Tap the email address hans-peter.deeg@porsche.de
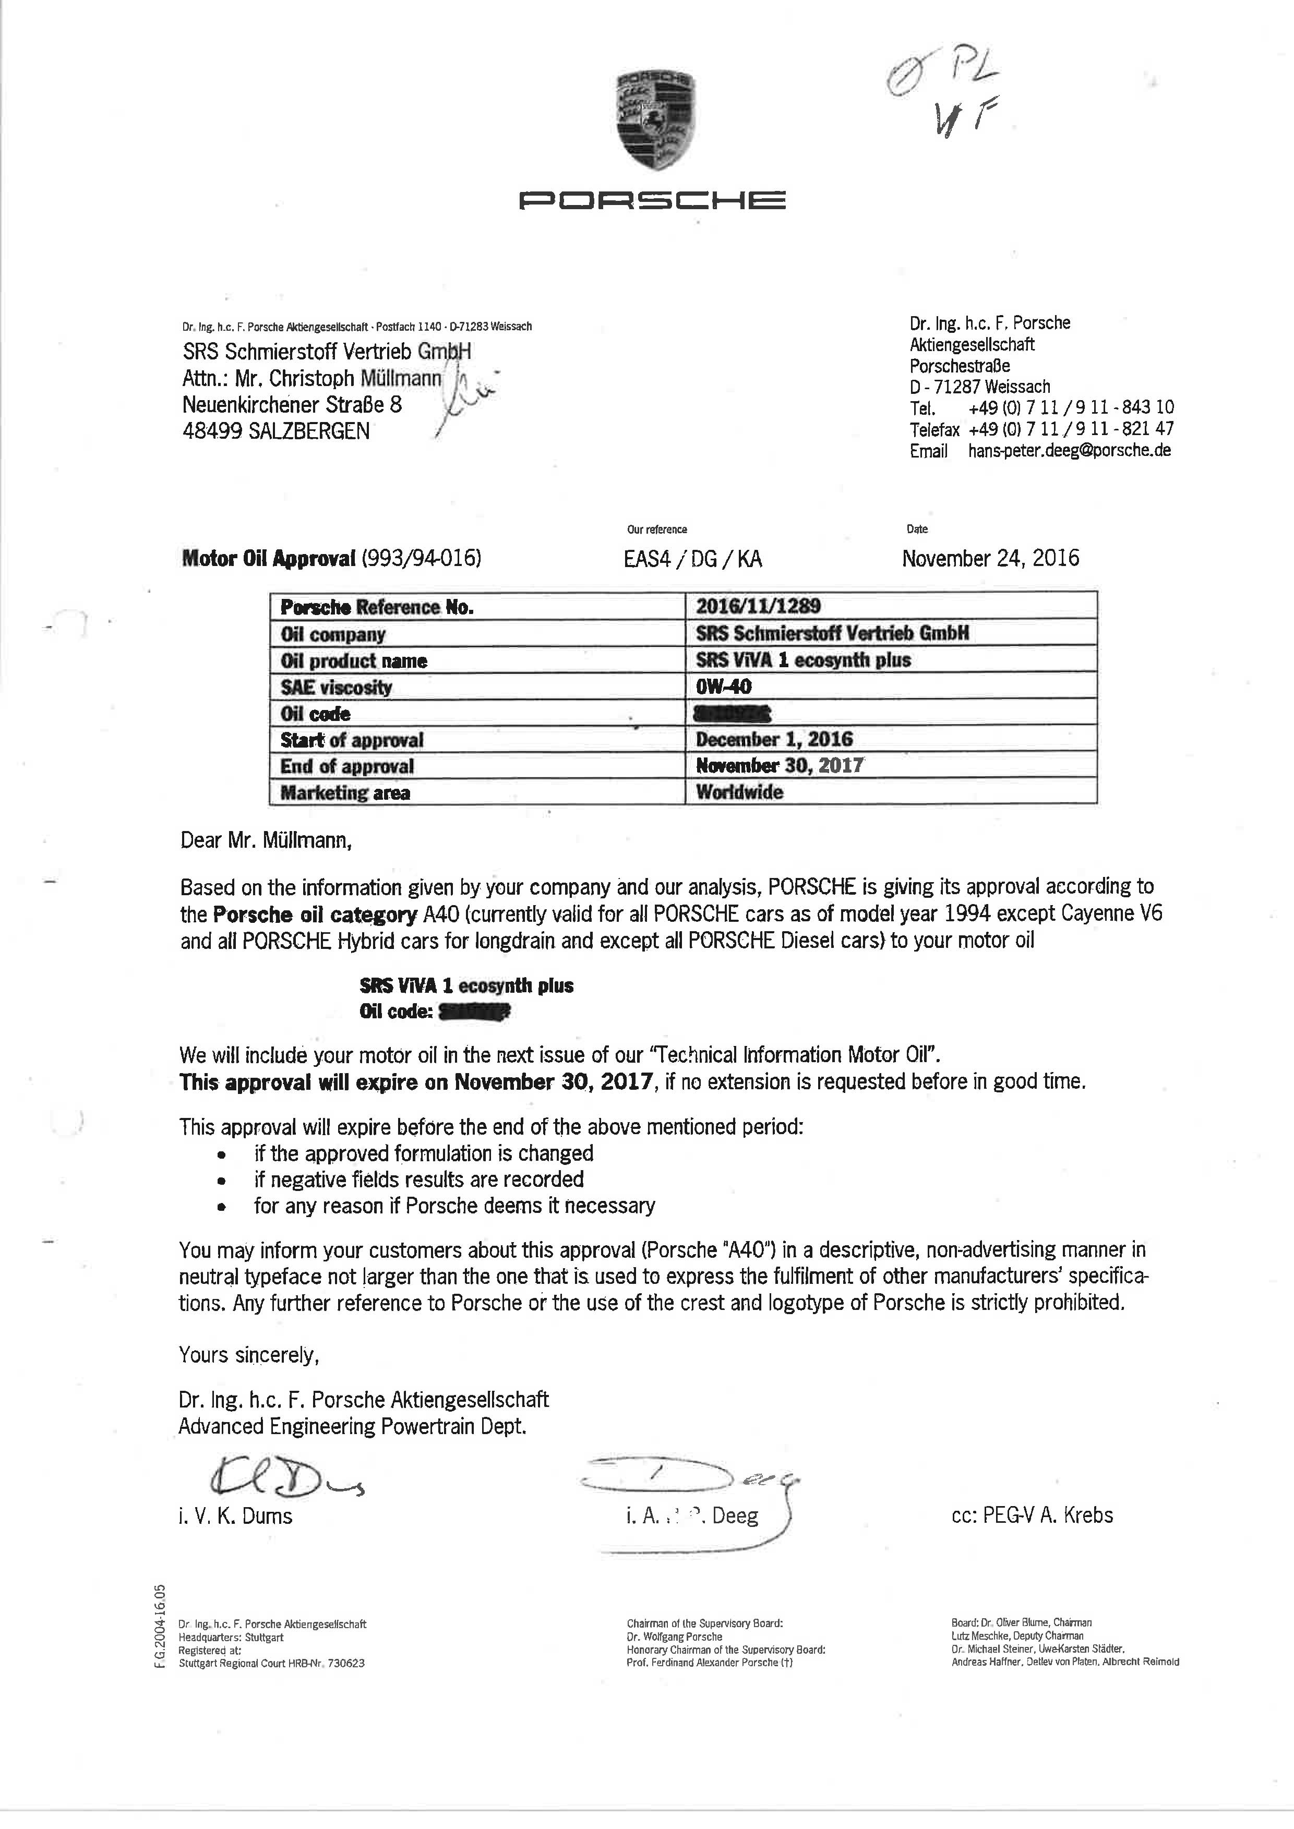tap(1069, 450)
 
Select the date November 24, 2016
tap(990, 558)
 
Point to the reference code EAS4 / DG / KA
tap(692, 558)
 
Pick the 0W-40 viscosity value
tap(724, 686)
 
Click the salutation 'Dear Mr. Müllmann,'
tap(266, 840)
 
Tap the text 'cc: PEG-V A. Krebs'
tap(1032, 1515)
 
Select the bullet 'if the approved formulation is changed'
tap(423, 1153)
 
